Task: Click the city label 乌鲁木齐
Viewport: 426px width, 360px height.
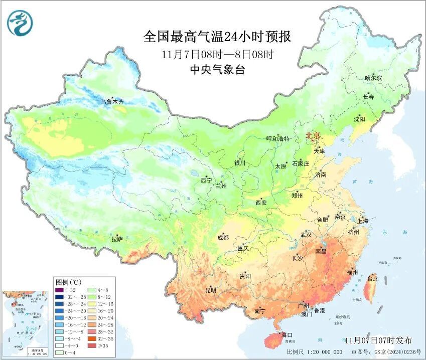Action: (x=111, y=102)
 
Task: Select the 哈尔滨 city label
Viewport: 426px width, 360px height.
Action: (x=373, y=78)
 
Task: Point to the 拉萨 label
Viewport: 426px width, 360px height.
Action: (x=117, y=240)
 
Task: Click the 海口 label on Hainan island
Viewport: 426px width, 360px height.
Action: (x=287, y=335)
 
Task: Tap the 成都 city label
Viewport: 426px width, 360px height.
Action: (x=223, y=238)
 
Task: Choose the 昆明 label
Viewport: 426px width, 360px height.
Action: (x=210, y=290)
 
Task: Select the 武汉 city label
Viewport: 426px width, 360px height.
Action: (x=306, y=235)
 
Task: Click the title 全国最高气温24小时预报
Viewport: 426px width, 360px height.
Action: (x=217, y=37)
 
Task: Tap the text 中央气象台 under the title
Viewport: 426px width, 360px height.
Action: (x=217, y=70)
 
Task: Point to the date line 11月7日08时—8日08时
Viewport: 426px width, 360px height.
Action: (x=217, y=54)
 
